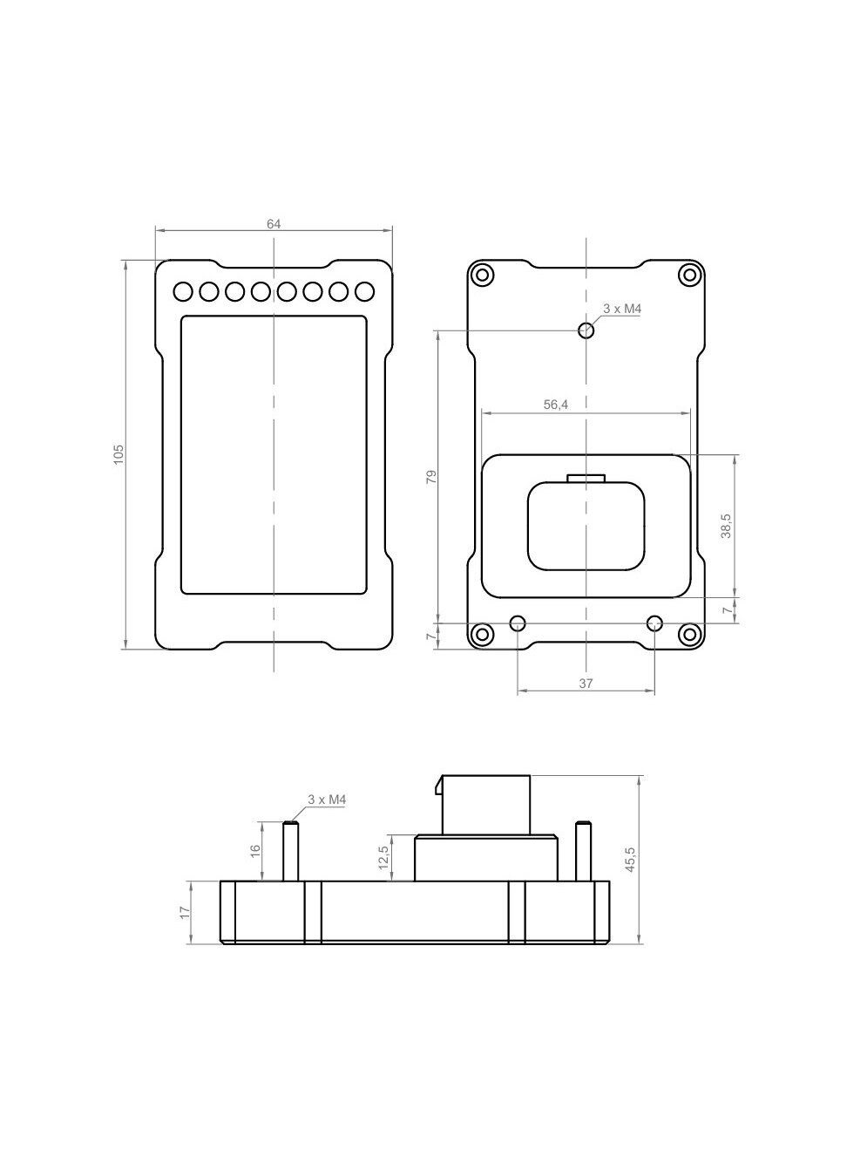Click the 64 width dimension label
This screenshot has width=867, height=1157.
tap(274, 224)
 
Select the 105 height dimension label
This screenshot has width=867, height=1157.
tap(119, 454)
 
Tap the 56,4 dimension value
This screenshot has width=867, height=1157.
tap(556, 405)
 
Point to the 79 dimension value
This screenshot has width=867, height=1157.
tap(431, 477)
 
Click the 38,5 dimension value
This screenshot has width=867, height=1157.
tap(727, 526)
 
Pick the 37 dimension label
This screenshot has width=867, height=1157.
tap(586, 684)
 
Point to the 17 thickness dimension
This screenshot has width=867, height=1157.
tap(185, 913)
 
